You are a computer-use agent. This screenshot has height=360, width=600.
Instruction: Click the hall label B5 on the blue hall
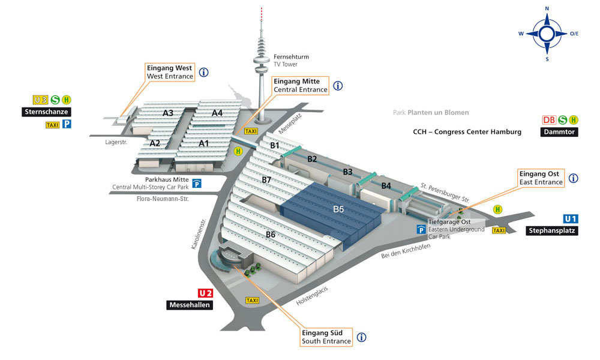pyautogui.click(x=338, y=209)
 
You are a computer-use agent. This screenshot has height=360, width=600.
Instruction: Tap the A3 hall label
pyautogui.click(x=168, y=113)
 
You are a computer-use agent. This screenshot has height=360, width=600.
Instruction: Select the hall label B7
pyautogui.click(x=266, y=179)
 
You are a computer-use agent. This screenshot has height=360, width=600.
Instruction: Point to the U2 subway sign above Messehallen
pyautogui.click(x=205, y=293)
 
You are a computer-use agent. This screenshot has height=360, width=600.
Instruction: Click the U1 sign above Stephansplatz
pyautogui.click(x=571, y=218)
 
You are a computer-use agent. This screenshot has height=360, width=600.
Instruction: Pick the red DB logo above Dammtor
pyautogui.click(x=549, y=120)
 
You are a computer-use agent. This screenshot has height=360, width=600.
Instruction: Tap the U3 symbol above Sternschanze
pyautogui.click(x=41, y=100)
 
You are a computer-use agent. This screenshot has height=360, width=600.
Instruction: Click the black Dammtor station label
pyautogui.click(x=559, y=132)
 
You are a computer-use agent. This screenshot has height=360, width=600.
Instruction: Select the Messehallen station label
pyautogui.click(x=190, y=305)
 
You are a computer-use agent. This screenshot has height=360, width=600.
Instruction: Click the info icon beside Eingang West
pyautogui.click(x=203, y=72)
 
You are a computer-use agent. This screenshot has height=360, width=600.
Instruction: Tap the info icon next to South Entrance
pyautogui.click(x=361, y=337)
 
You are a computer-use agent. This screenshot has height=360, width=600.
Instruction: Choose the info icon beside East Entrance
pyautogui.click(x=573, y=178)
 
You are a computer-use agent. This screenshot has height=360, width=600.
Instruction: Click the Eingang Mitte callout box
pyautogui.click(x=301, y=85)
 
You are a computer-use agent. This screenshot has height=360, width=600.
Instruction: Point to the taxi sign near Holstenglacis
pyautogui.click(x=252, y=301)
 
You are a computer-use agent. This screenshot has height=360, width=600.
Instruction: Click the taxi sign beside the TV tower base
pyautogui.click(x=251, y=131)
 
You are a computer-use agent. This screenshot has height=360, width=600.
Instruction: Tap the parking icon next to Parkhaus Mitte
pyautogui.click(x=197, y=184)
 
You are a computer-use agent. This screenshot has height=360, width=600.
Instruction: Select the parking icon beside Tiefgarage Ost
pyautogui.click(x=421, y=229)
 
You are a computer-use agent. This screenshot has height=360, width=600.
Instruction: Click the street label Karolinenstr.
pyautogui.click(x=199, y=234)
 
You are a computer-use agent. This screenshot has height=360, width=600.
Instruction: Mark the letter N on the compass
pyautogui.click(x=547, y=8)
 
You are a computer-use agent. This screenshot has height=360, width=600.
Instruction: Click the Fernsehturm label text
pyautogui.click(x=291, y=56)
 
